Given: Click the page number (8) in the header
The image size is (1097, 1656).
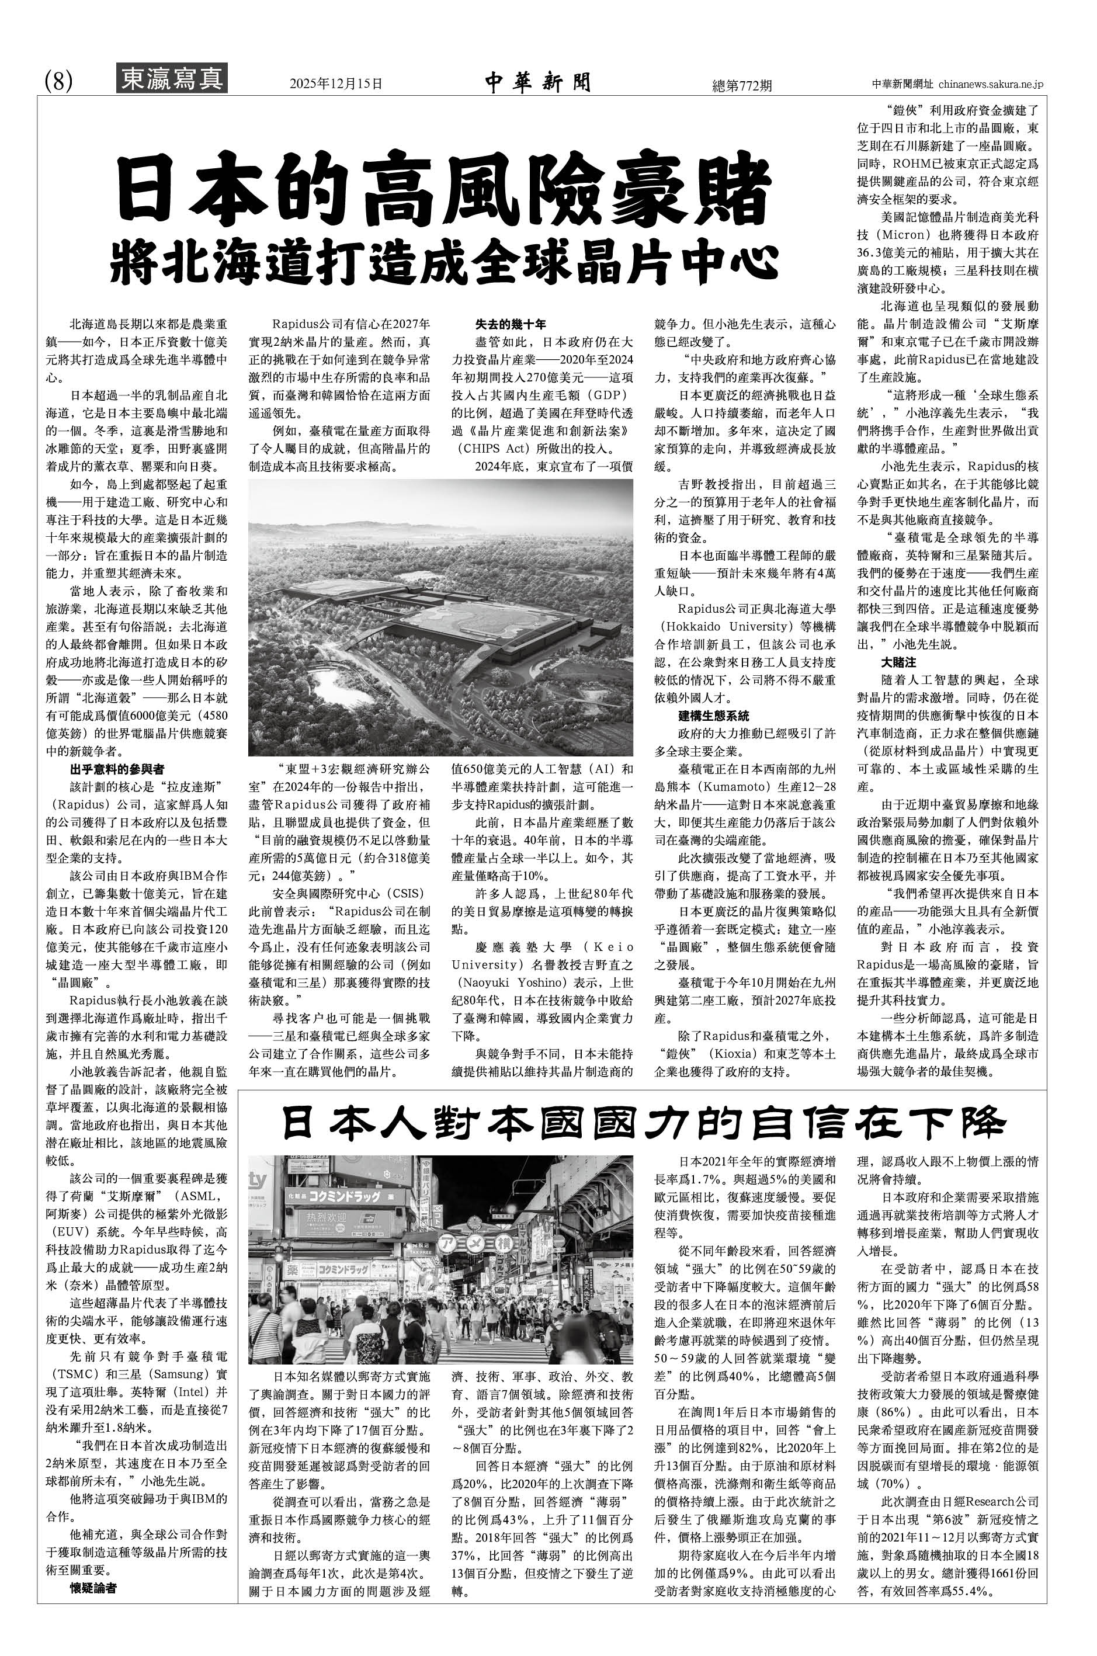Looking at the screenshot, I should point(59,82).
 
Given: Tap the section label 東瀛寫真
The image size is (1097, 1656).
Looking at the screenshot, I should point(171,78).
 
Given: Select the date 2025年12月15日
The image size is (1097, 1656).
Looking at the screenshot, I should point(336,84).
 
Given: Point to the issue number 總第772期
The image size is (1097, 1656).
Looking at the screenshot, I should point(741,85).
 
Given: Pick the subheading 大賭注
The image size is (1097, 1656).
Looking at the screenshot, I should point(898,662).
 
